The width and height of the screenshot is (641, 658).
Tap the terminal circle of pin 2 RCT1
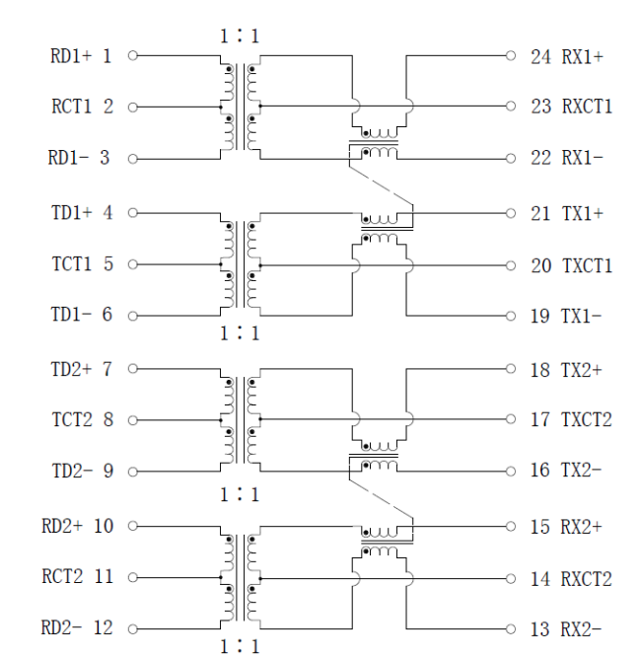(133, 107)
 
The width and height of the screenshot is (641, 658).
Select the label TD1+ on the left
(71, 212)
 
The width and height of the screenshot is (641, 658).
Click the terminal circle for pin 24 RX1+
(510, 56)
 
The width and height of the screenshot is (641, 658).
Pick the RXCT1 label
(587, 107)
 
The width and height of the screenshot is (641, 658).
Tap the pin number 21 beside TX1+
(540, 212)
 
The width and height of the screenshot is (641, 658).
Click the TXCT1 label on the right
(587, 265)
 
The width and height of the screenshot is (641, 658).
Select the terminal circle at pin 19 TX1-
(510, 317)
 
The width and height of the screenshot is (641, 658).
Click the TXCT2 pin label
(587, 420)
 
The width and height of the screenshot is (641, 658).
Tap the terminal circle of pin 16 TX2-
(510, 471)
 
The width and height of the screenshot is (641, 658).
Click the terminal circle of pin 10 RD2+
(133, 526)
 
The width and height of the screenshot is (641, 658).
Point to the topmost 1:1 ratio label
(240, 37)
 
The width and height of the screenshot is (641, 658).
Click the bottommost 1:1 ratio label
(240, 647)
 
